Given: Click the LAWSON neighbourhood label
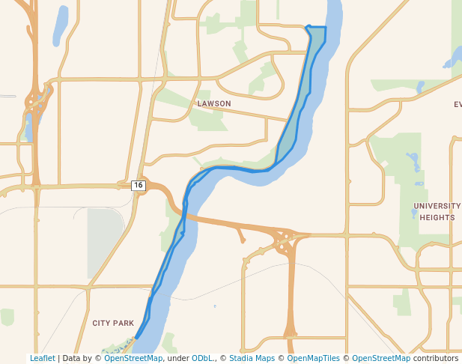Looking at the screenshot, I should point(214,103).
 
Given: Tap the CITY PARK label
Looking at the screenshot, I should point(113,323).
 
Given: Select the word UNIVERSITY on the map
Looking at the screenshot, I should point(437,206).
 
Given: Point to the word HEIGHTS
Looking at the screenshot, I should point(437,217).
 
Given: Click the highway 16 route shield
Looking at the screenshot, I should point(138,185).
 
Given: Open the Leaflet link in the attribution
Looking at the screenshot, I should point(42,358).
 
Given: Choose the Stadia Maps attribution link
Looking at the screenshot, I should point(252,358).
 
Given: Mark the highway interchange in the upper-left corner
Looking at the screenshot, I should point(34,101).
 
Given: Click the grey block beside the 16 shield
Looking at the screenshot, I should point(104,233).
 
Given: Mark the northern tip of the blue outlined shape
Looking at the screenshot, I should point(308,27).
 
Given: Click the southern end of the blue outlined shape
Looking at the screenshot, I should point(136,338).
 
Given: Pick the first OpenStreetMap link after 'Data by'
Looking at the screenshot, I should point(133,358).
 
